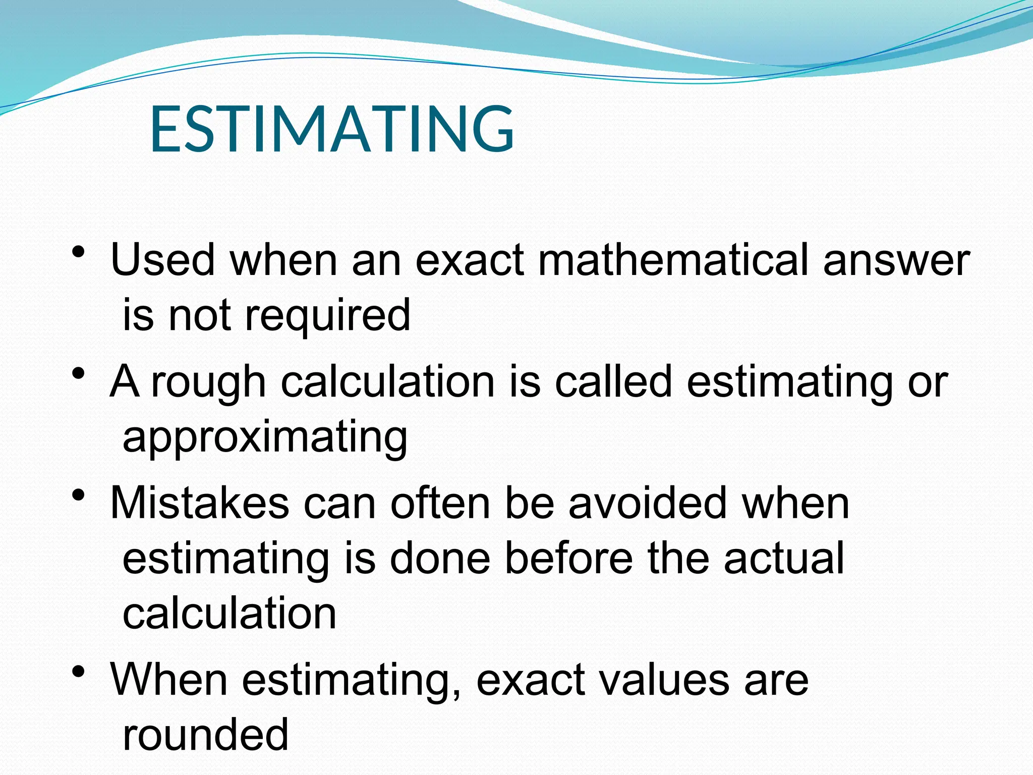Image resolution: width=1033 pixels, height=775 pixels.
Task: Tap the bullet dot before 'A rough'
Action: coord(78,374)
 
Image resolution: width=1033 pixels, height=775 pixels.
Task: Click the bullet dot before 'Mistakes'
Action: coord(78,495)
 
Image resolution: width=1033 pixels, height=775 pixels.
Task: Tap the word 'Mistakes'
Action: coord(200,504)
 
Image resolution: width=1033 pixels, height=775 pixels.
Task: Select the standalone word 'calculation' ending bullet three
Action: coord(229,614)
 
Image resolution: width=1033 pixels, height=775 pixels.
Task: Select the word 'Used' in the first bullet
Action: coord(162,260)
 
